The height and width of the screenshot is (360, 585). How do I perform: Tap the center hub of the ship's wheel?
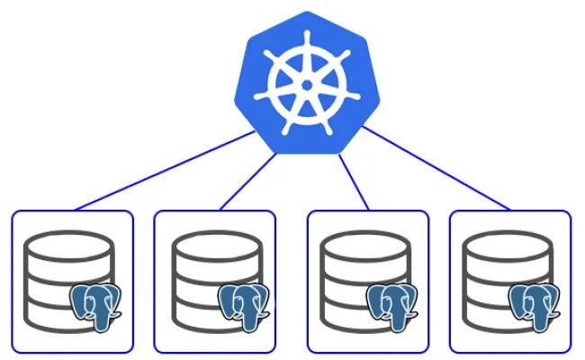[x=307, y=85]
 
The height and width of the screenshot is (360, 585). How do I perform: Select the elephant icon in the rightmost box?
[x=535, y=303]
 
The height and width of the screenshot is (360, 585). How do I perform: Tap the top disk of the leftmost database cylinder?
[x=69, y=246]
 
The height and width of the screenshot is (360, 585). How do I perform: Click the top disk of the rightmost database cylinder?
[x=507, y=246]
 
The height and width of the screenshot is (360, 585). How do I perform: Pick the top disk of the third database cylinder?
[x=365, y=246]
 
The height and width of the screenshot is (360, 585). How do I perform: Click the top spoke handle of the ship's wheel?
[x=307, y=40]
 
